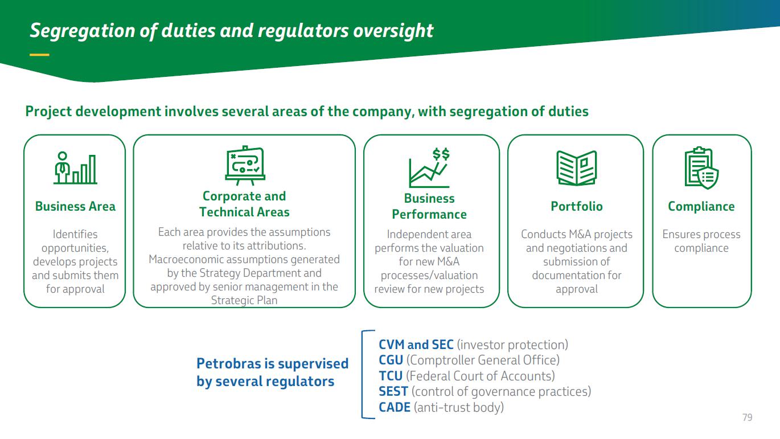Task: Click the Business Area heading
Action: [x=75, y=207]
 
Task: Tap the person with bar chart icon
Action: [x=75, y=168]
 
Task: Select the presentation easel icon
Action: [x=245, y=165]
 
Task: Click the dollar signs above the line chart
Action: [x=441, y=154]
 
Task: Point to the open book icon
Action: [x=577, y=168]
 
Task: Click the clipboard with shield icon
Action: [x=701, y=168]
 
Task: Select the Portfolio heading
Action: [x=577, y=207]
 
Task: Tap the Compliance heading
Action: [x=701, y=207]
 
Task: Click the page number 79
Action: [x=748, y=417]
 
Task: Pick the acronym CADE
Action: [x=395, y=407]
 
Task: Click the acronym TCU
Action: [x=391, y=376]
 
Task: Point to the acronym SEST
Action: [x=393, y=392]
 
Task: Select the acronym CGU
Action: [x=391, y=360]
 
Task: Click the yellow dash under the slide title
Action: [x=39, y=55]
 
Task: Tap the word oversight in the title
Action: [x=393, y=31]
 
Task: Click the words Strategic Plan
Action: [x=244, y=300]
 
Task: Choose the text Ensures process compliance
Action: [x=701, y=241]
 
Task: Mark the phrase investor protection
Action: [x=512, y=345]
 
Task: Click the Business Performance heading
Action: [x=429, y=207]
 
